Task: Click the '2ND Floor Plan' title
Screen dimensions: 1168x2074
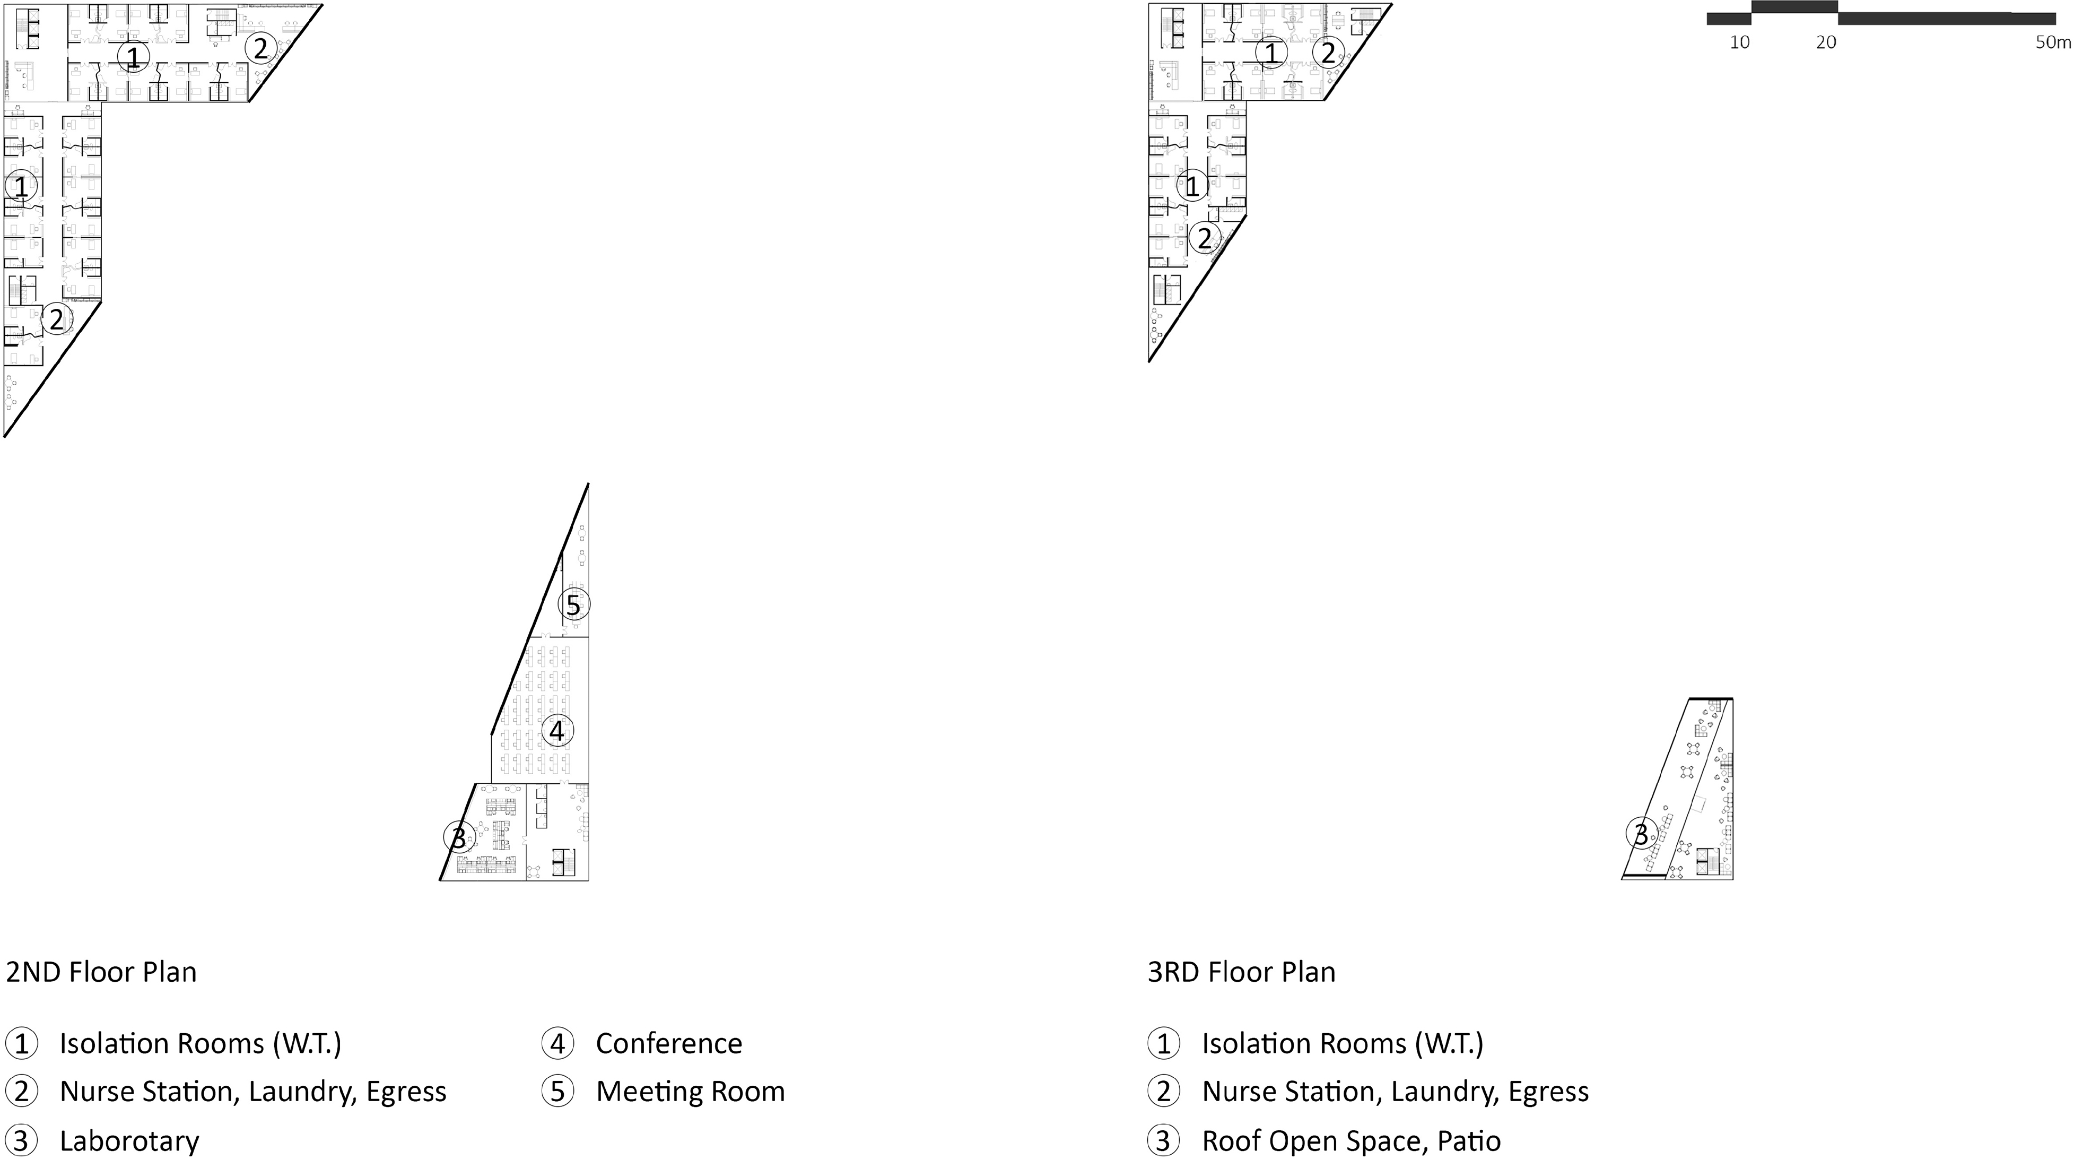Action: click(x=101, y=972)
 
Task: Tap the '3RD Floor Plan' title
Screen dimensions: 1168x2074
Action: click(x=1242, y=972)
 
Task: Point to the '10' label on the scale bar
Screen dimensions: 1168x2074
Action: click(x=1740, y=42)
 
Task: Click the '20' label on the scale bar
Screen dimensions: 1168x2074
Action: click(x=1826, y=42)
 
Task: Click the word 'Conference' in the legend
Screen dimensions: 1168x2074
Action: click(x=668, y=1044)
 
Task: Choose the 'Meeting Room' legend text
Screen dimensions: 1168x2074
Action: click(x=690, y=1092)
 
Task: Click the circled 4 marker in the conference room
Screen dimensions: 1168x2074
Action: click(x=557, y=731)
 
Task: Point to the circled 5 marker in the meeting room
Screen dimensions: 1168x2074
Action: click(x=573, y=605)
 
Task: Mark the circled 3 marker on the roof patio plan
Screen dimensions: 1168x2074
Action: click(x=1641, y=834)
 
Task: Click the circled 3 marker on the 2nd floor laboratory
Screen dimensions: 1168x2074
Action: click(x=458, y=838)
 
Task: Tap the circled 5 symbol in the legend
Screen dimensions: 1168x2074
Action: click(x=557, y=1092)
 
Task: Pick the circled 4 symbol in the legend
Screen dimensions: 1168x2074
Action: click(x=557, y=1044)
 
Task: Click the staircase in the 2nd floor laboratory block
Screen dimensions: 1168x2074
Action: click(x=563, y=862)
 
